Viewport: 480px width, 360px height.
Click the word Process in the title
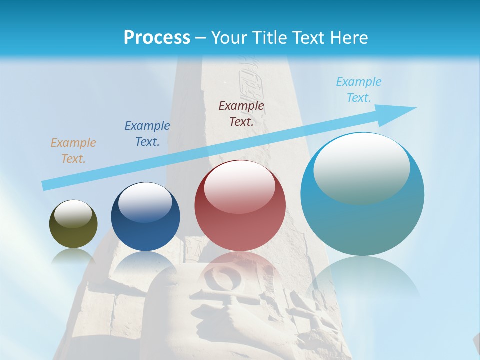(x=157, y=38)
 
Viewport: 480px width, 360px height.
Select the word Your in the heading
(x=228, y=38)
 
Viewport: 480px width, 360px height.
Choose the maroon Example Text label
(x=241, y=113)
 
